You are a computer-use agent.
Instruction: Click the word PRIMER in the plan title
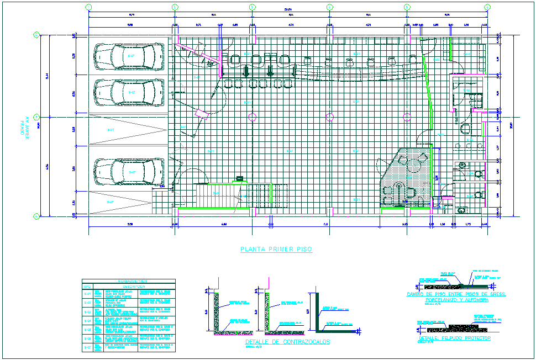[x=276, y=250]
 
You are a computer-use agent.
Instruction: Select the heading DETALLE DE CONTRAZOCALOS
[x=287, y=342]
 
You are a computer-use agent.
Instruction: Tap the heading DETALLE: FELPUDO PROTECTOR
[x=454, y=338]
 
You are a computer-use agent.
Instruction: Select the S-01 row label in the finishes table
[x=87, y=293]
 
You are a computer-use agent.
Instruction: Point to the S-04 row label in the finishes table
[x=87, y=320]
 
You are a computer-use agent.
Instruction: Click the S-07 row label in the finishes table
[x=87, y=347]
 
